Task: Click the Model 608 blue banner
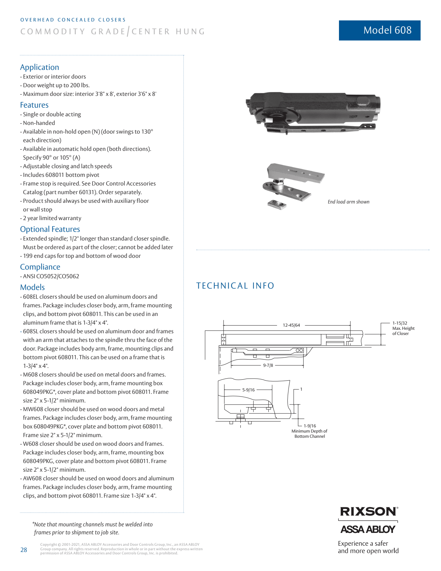point(379,30)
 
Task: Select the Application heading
point(39,67)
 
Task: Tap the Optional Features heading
point(50,229)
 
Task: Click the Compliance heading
point(40,267)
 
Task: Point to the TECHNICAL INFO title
point(235,285)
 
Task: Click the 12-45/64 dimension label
point(291,325)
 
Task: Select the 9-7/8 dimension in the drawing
point(268,365)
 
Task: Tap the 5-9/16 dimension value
point(248,390)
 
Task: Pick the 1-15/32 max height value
point(399,323)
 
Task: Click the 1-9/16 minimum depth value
point(310,426)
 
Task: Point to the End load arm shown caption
point(348,202)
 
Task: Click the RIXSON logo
point(368,511)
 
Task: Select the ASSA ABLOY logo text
point(368,529)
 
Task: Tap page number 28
point(24,550)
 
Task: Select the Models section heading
point(33,287)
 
